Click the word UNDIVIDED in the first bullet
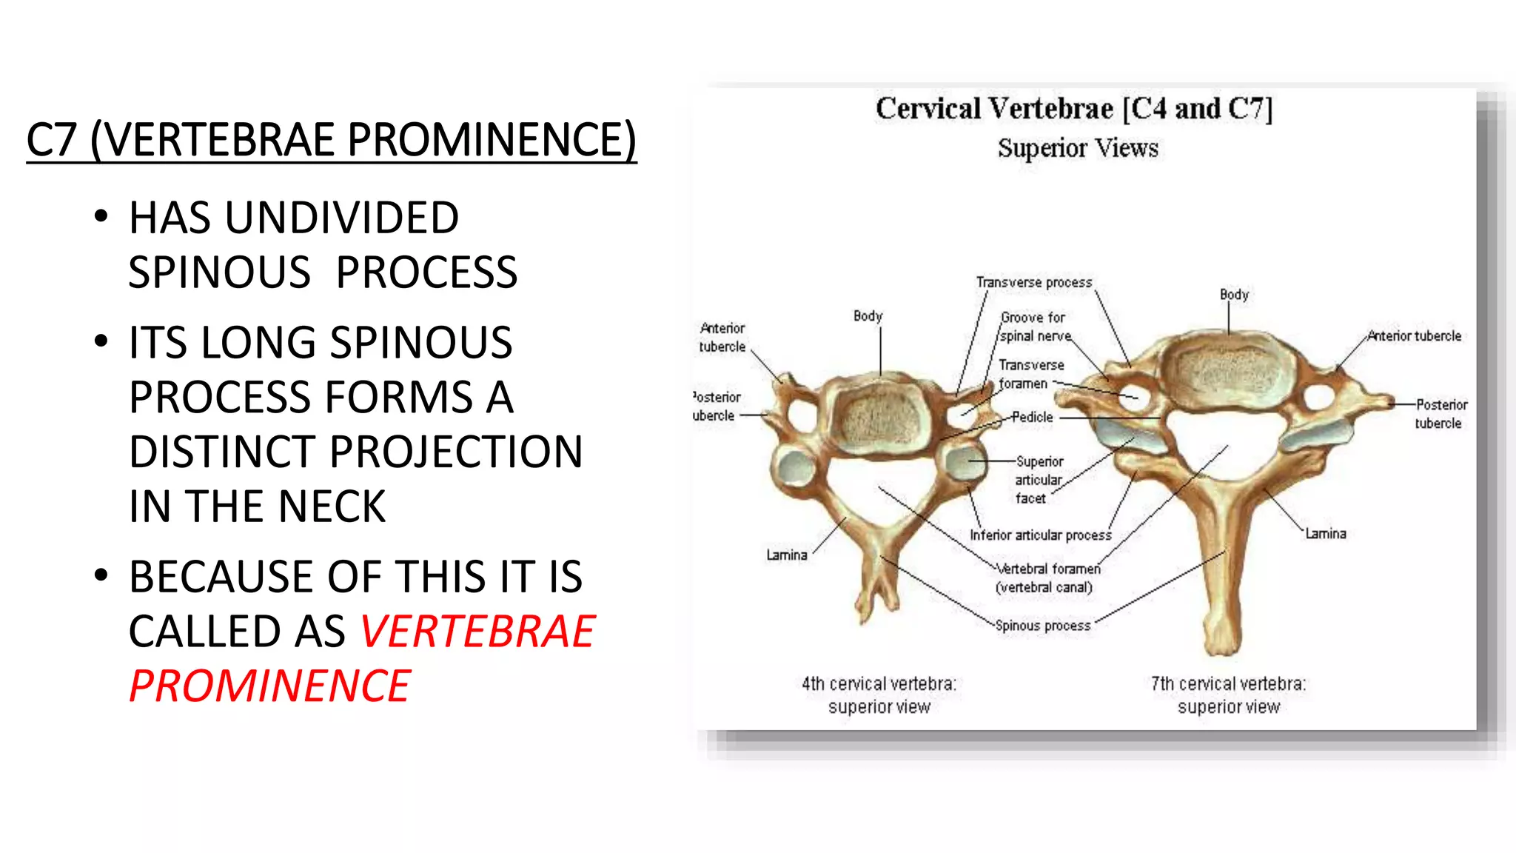pos(341,218)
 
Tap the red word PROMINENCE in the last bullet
pos(269,686)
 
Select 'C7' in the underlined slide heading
pos(51,140)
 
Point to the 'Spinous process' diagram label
pos(1042,626)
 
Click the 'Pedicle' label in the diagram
pos(1032,417)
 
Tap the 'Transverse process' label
pos(1033,282)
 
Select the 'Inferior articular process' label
pos(1040,535)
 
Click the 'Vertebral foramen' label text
pos(1048,569)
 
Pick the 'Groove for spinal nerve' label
pos(1034,327)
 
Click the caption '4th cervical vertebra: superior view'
pos(879,695)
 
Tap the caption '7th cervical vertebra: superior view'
pos(1228,695)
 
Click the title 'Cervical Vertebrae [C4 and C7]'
pos(1073,109)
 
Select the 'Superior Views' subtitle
pos(1078,148)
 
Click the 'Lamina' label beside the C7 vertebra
pos(1325,533)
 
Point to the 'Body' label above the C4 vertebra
pos(868,316)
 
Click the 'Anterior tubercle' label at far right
pos(1415,335)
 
